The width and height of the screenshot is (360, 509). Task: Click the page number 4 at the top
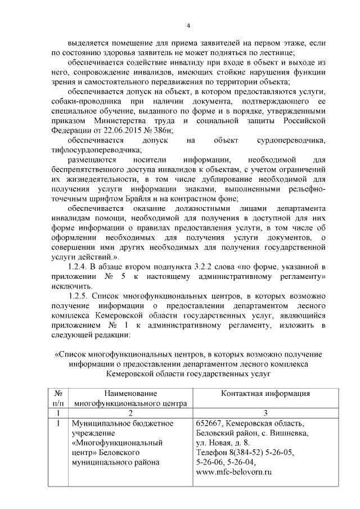pyautogui.click(x=188, y=25)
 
